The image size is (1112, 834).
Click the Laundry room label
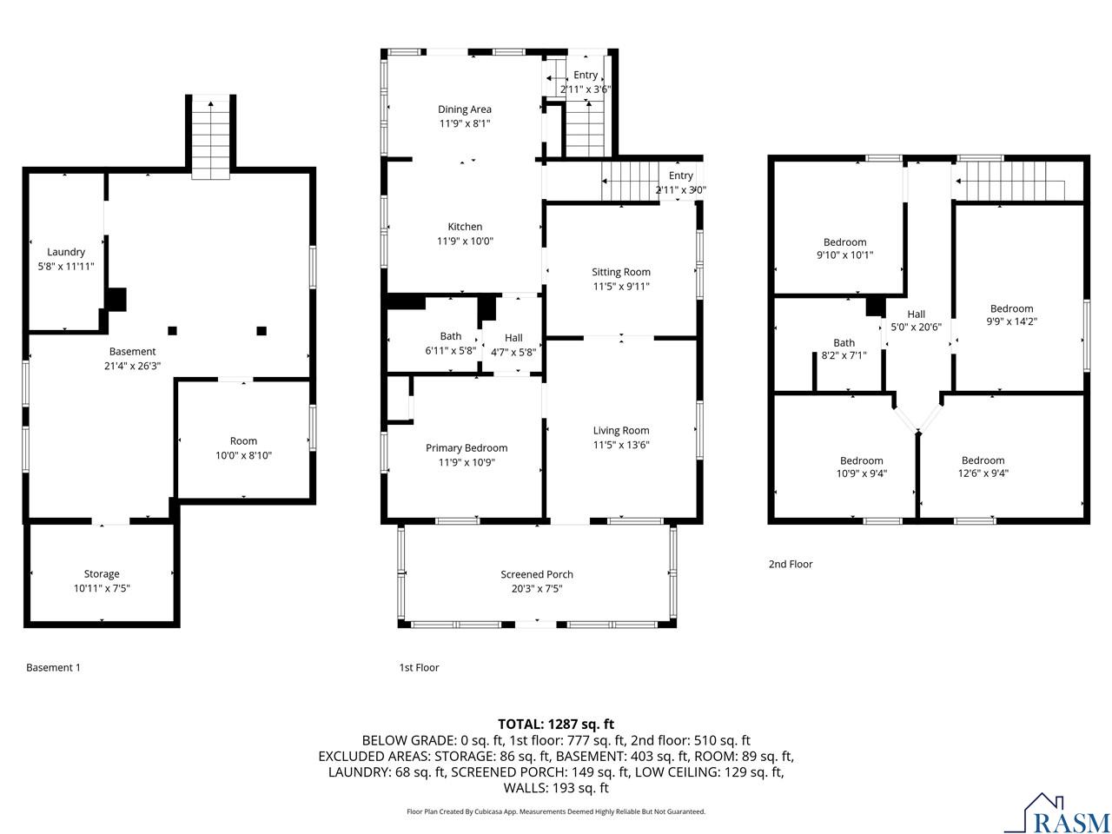pyautogui.click(x=66, y=252)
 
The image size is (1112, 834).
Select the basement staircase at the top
pyautogui.click(x=211, y=139)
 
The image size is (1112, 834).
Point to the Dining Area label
pyautogui.click(x=465, y=109)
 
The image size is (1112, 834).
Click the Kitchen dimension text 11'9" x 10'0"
pyautogui.click(x=465, y=242)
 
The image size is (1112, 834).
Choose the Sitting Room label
pyautogui.click(x=621, y=272)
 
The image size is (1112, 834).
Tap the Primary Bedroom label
pyautogui.click(x=467, y=448)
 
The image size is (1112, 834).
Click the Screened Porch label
pyautogui.click(x=537, y=574)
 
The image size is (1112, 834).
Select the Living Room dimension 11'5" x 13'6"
pyautogui.click(x=621, y=445)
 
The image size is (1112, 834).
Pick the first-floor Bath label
pyautogui.click(x=451, y=336)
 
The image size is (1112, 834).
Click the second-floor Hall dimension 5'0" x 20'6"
pyautogui.click(x=917, y=328)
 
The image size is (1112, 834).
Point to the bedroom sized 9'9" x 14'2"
pyautogui.click(x=1012, y=314)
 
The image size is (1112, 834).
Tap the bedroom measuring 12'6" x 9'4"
pyautogui.click(x=983, y=467)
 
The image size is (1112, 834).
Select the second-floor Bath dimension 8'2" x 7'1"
pyautogui.click(x=844, y=356)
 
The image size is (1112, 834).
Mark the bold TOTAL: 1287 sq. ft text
pyautogui.click(x=556, y=724)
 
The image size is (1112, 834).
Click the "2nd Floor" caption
pyautogui.click(x=791, y=564)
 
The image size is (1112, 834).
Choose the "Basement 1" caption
pyautogui.click(x=53, y=667)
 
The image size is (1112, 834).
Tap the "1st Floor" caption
pyautogui.click(x=419, y=667)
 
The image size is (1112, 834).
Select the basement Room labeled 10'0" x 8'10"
pyautogui.click(x=243, y=447)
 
